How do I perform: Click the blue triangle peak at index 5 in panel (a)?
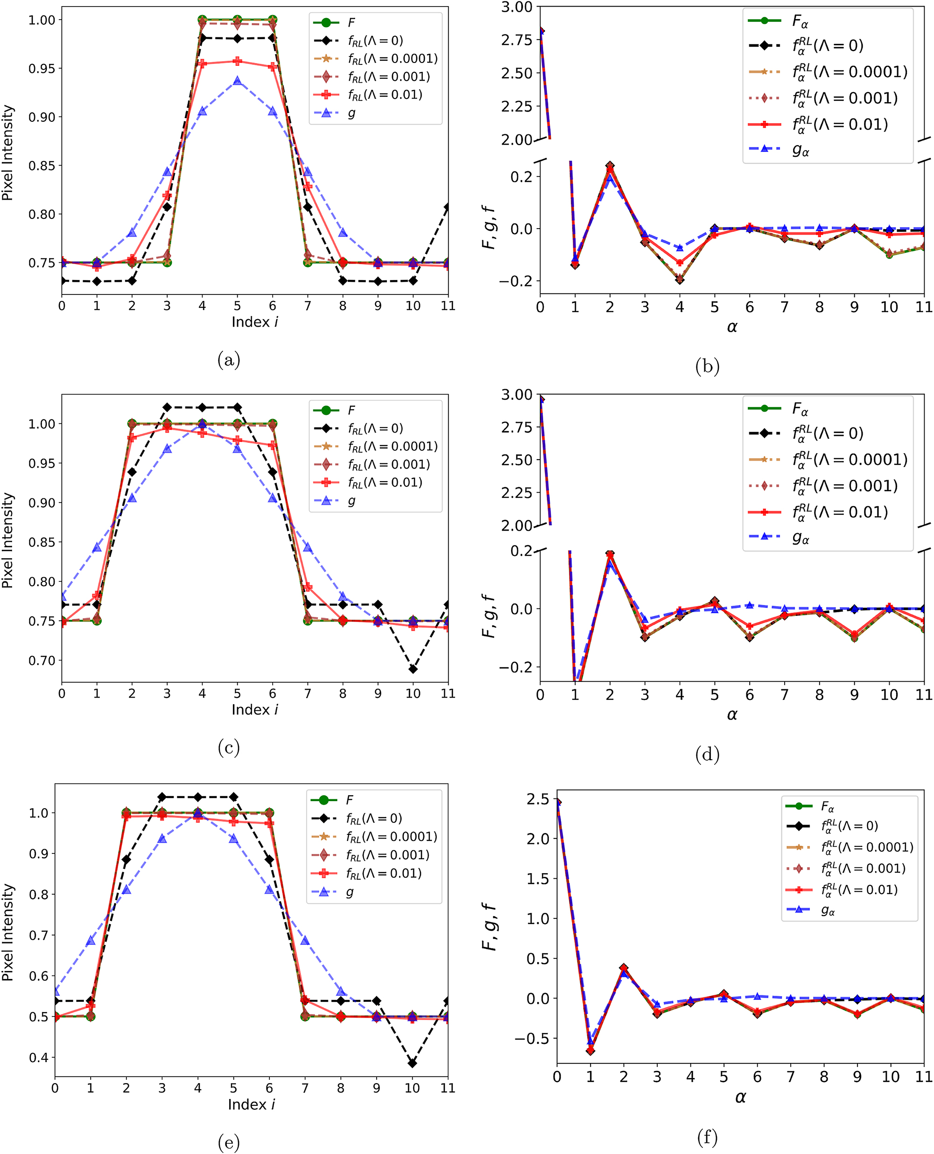(x=237, y=81)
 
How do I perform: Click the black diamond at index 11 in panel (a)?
(x=448, y=207)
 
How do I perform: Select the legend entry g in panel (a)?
(x=351, y=113)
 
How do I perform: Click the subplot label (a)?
(x=229, y=359)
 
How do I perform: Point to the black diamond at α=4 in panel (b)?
(x=680, y=280)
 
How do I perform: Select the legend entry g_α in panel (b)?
(x=800, y=149)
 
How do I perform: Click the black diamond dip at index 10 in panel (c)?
(x=413, y=669)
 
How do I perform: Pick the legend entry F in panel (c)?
(x=351, y=410)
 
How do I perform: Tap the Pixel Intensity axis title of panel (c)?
(x=7, y=540)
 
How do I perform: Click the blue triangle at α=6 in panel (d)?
(x=750, y=605)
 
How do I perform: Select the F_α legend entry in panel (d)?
(x=800, y=410)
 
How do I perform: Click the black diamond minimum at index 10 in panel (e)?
(x=412, y=1063)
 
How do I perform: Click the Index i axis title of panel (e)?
(x=251, y=1105)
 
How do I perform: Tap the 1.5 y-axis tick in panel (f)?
(x=538, y=879)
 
